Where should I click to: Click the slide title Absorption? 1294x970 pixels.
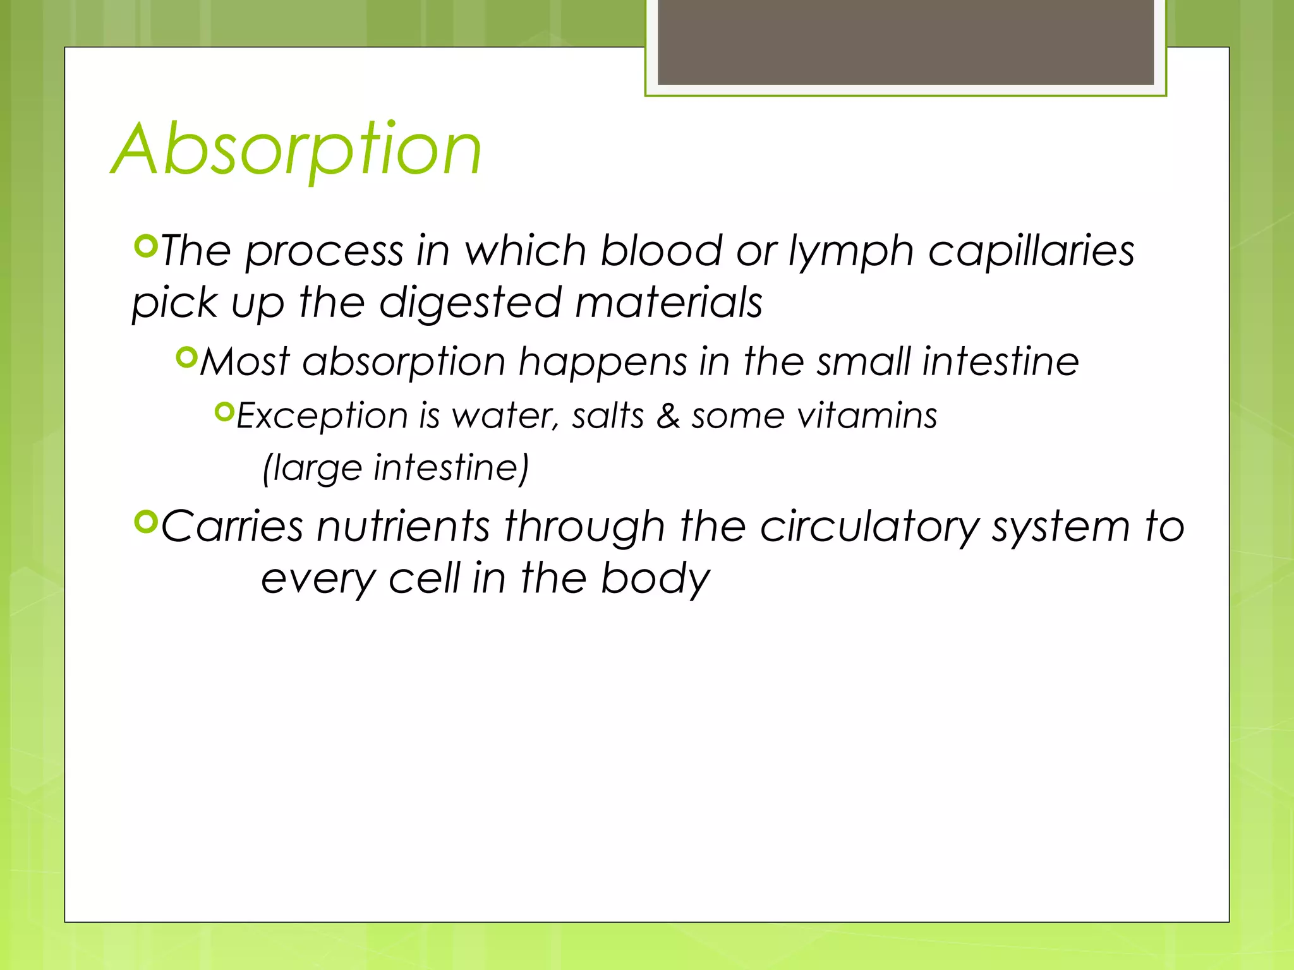pyautogui.click(x=297, y=150)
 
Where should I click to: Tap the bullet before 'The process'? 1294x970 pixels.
pyautogui.click(x=146, y=246)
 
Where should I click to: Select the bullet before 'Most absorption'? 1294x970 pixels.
pyautogui.click(x=187, y=358)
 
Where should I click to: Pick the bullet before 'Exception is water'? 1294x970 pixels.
pyautogui.click(x=224, y=412)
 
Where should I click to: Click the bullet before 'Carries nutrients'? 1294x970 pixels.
pyautogui.click(x=146, y=521)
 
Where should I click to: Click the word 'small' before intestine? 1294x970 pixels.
pyautogui.click(x=862, y=362)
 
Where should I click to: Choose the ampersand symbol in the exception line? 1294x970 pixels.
pyautogui.click(x=668, y=416)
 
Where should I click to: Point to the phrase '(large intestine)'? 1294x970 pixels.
pyautogui.click(x=396, y=468)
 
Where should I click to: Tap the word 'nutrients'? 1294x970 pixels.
pyautogui.click(x=403, y=526)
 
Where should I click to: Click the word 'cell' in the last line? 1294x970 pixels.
pyautogui.click(x=424, y=578)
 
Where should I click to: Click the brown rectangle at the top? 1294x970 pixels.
pyautogui.click(x=905, y=42)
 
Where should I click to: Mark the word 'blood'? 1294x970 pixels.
pyautogui.click(x=661, y=251)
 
